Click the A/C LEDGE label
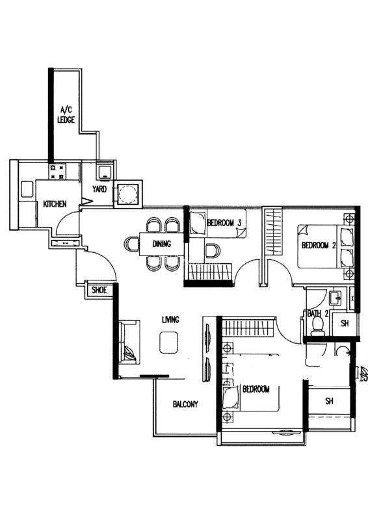66,115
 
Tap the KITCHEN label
55,204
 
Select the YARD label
99,189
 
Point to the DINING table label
162,244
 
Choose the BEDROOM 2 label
319,246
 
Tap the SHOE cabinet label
99,291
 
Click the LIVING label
170,320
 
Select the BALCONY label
185,404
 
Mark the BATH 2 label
317,314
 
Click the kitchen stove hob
57,172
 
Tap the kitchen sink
27,189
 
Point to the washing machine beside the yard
128,194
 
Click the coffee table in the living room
168,343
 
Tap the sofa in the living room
129,343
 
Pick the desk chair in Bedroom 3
213,251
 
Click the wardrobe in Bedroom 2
272,231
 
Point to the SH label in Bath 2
345,323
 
